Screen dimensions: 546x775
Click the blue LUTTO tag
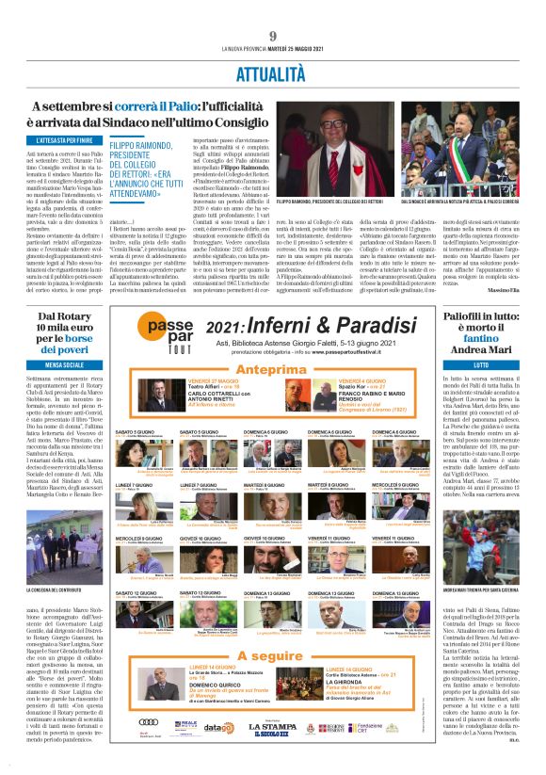[480, 363]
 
